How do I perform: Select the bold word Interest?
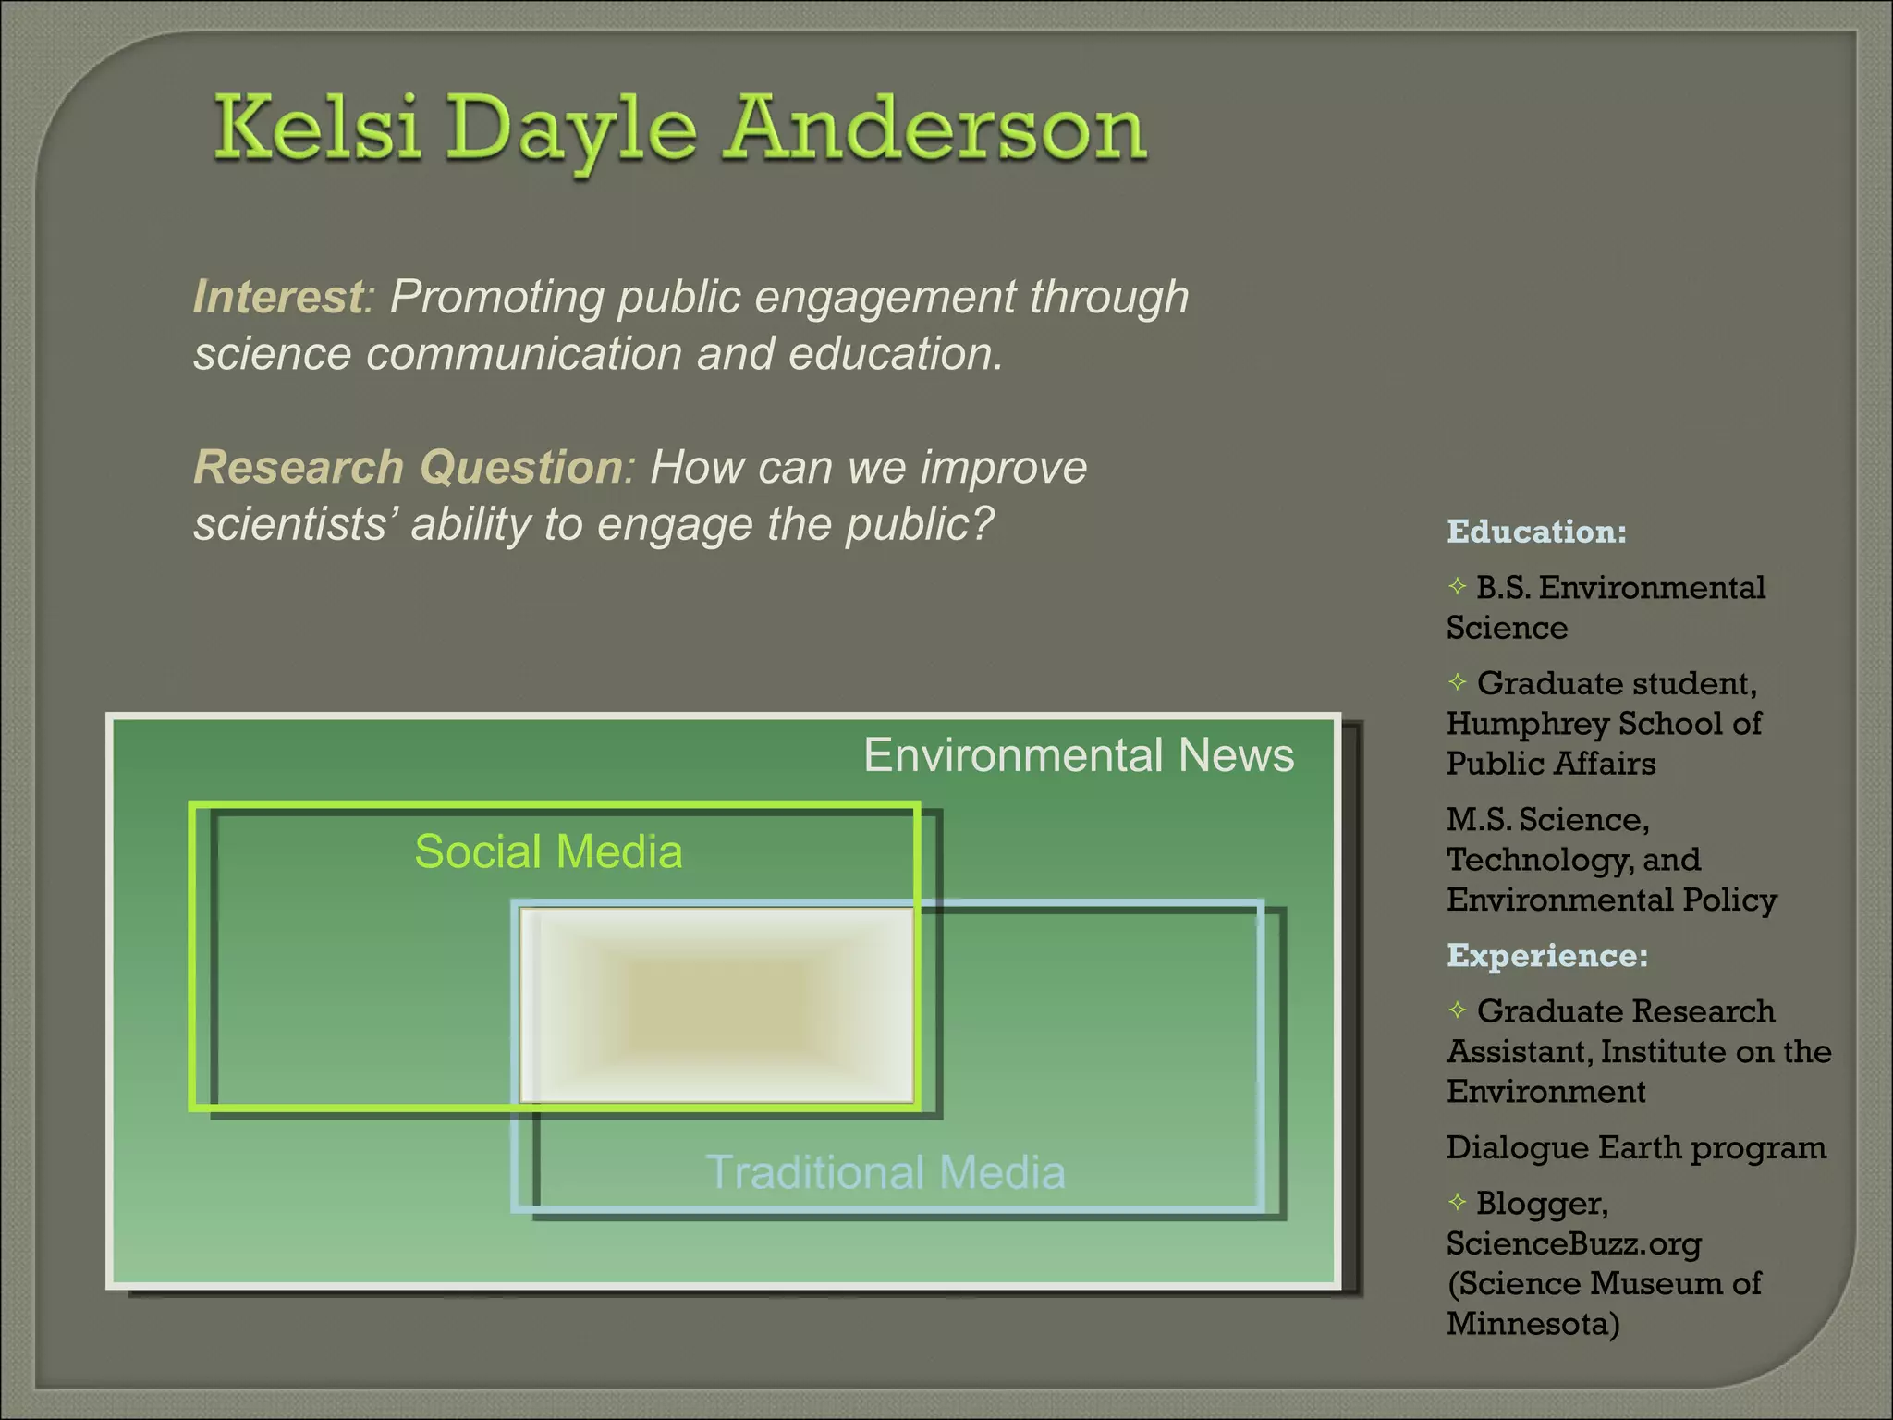click(278, 298)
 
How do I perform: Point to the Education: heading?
click(1536, 532)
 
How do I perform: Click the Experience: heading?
click(1546, 955)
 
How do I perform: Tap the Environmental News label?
click(1078, 755)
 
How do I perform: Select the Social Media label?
click(548, 851)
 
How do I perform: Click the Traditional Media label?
click(885, 1172)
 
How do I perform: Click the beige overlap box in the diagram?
click(716, 1005)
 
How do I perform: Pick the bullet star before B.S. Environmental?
click(1458, 586)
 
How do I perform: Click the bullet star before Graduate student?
click(1458, 682)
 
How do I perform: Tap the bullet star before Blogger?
click(1458, 1202)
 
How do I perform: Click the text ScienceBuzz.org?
click(1573, 1243)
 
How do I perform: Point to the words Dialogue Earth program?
click(1636, 1147)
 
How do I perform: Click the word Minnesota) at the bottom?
click(1533, 1324)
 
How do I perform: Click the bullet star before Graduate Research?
click(1458, 1010)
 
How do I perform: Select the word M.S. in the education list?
click(1478, 819)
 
